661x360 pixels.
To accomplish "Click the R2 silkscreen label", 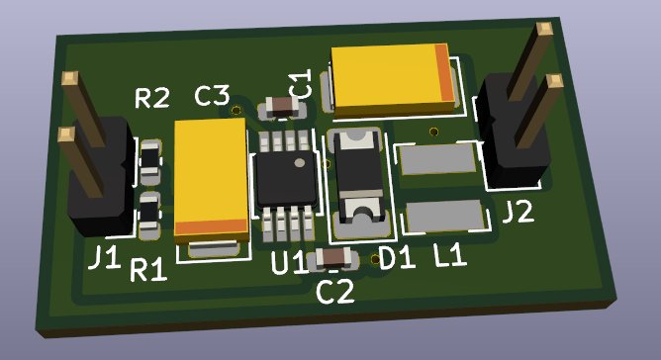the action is [x=152, y=98].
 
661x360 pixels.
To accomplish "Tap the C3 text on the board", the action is [x=213, y=96].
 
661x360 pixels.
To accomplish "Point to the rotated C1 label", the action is [x=301, y=83].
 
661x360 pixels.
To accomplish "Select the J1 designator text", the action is [x=104, y=257].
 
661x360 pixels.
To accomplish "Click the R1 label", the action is [x=148, y=270].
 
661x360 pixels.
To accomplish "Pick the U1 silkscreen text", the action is [x=288, y=263].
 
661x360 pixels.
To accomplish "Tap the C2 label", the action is [x=335, y=292].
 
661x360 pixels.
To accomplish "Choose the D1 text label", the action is [x=397, y=258].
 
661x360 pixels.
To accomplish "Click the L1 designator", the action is [x=450, y=255].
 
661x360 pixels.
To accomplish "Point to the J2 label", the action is [x=519, y=212].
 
